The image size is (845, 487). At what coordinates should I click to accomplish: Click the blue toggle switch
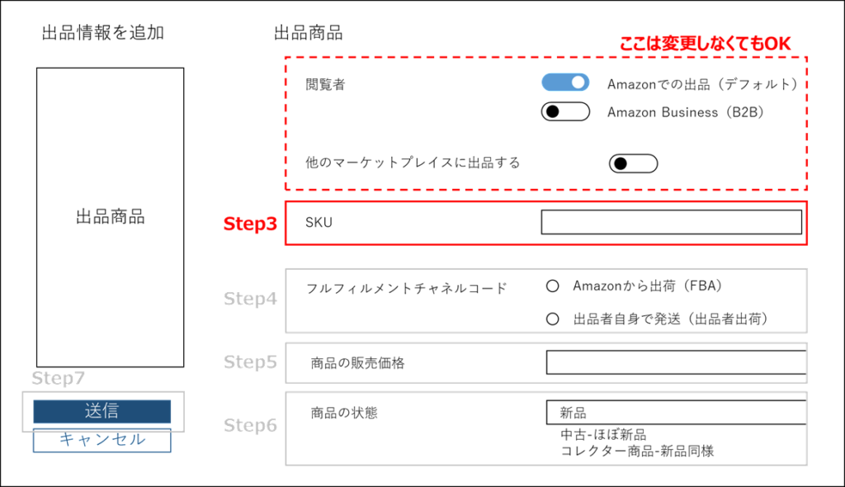[564, 82]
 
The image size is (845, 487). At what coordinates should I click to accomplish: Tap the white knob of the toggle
[578, 82]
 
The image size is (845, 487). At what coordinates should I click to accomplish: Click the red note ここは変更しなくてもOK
[705, 44]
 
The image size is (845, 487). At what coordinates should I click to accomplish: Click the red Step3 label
[250, 224]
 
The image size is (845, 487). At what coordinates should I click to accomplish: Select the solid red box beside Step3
[545, 223]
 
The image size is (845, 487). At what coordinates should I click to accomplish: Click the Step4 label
[250, 299]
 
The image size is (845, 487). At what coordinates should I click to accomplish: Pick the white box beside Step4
[545, 300]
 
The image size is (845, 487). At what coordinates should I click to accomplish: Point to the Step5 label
[250, 362]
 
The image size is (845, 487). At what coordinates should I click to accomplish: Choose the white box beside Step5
[545, 362]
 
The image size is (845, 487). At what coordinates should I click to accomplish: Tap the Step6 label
[250, 426]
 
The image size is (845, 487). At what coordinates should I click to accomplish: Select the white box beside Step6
[545, 428]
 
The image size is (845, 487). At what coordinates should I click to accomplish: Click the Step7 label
[58, 378]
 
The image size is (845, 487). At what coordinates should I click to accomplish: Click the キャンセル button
[102, 441]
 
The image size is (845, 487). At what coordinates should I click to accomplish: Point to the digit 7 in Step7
[80, 378]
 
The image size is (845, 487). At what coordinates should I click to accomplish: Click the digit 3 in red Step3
[271, 224]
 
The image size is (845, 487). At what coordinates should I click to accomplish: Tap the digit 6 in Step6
[271, 426]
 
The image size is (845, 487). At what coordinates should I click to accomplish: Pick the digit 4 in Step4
[271, 299]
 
